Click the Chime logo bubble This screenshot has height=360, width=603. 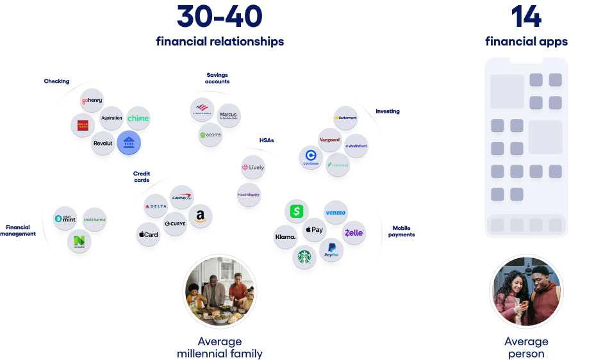138,119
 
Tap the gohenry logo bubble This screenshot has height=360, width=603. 92,101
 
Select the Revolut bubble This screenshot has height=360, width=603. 103,143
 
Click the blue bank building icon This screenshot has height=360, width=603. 129,142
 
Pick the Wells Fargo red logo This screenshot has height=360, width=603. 83,124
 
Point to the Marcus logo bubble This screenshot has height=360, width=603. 228,115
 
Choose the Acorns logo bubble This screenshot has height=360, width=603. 210,136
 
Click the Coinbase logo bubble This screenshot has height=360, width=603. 311,157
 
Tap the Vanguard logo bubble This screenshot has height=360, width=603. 329,140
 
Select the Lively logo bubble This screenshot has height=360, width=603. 252,168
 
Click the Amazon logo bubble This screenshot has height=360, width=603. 200,215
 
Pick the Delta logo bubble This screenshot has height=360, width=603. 156,206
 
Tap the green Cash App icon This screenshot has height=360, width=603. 296,211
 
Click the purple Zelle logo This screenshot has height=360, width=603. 354,233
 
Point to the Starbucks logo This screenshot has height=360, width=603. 304,258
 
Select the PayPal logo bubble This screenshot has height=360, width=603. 331,250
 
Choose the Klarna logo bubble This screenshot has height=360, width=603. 286,237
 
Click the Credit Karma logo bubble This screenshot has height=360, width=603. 95,220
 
